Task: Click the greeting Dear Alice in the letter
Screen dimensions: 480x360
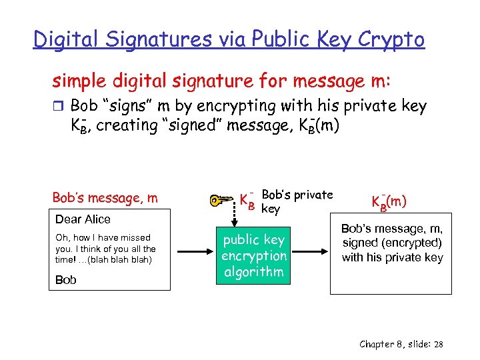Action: (x=83, y=219)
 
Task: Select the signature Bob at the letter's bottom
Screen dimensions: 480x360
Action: (x=65, y=280)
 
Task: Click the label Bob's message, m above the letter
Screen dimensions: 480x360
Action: (x=105, y=197)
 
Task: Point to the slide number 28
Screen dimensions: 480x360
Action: (x=438, y=344)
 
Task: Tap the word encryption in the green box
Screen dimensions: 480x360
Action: (x=254, y=256)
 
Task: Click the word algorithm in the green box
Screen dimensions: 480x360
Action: (x=254, y=271)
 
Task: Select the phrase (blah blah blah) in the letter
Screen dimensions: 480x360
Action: (x=122, y=259)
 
